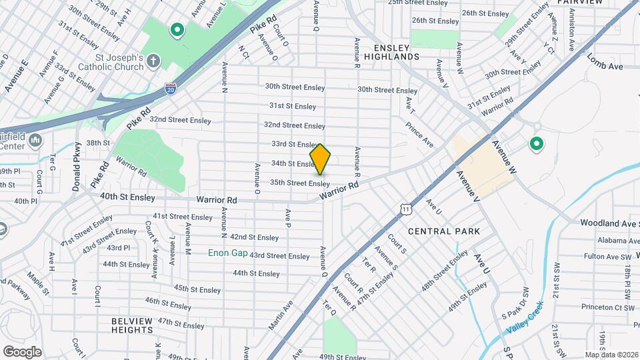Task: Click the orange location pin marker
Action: [x=320, y=160]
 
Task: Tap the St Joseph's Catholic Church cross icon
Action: [x=153, y=62]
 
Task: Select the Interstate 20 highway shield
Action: [x=171, y=89]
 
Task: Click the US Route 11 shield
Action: [x=406, y=209]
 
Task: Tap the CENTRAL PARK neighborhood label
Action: [x=444, y=231]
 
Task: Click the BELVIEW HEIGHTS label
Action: [x=133, y=325]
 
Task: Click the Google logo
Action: [x=22, y=351]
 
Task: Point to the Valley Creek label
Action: [x=525, y=319]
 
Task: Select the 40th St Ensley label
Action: [x=127, y=197]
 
